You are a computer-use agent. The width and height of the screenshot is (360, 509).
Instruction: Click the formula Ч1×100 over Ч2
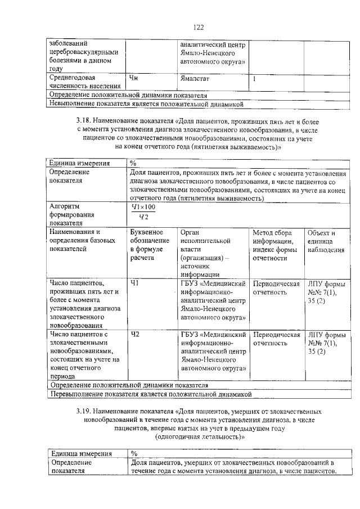tap(143, 212)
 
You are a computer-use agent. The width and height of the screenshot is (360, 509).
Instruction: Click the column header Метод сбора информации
tap(274, 245)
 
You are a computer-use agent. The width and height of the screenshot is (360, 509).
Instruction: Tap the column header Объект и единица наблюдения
tap(325, 241)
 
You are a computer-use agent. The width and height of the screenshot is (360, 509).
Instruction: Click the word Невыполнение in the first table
tap(73, 104)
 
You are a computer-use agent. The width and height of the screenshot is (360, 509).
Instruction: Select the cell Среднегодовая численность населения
tap(84, 82)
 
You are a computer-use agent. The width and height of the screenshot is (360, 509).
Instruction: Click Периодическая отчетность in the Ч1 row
tap(276, 288)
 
